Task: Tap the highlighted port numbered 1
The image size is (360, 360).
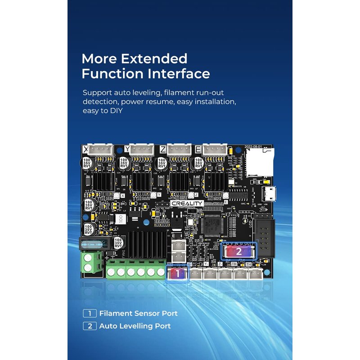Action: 177,273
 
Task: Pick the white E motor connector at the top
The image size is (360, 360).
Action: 215,150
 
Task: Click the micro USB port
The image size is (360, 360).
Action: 270,195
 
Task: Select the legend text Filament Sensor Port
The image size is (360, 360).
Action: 138,313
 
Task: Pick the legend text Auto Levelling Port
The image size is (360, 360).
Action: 135,326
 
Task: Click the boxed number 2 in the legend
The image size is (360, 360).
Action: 90,326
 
